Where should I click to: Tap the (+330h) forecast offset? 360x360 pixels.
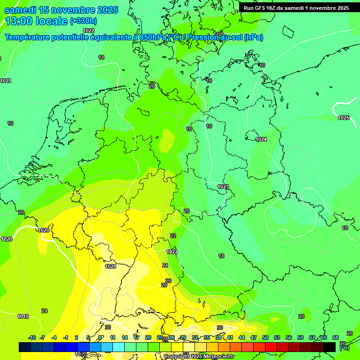tap(83, 21)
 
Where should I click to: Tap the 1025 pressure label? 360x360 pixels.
tap(344, 118)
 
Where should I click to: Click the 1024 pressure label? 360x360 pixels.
tap(261, 139)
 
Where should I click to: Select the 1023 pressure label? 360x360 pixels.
tap(223, 187)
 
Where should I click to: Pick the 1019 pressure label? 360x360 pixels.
tap(23, 316)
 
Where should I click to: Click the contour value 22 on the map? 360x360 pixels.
tap(173, 236)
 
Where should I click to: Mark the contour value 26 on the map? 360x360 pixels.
tap(168, 281)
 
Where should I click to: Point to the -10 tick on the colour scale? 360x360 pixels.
tap(32, 338)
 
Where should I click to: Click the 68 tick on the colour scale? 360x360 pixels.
tap(335, 338)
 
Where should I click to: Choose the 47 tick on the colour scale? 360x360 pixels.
tap(254, 338)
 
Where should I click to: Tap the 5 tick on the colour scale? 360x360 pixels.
tap(88, 338)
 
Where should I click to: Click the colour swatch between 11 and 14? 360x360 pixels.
tap(119, 347)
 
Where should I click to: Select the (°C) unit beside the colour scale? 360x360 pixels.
tap(345, 348)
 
